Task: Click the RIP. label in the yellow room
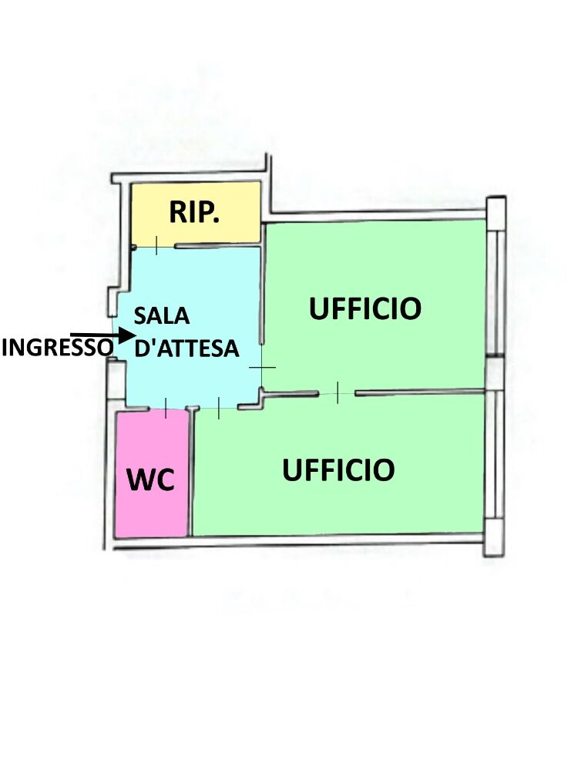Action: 195,212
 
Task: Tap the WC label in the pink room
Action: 151,480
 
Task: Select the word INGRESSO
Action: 56,348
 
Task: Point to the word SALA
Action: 163,316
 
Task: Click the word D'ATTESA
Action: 186,348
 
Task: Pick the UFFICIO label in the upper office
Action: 365,308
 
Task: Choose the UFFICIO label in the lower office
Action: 338,469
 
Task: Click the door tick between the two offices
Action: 338,392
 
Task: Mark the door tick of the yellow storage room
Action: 156,246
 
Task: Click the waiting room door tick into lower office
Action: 219,408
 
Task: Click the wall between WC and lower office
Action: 191,474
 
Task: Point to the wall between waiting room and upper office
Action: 262,293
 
